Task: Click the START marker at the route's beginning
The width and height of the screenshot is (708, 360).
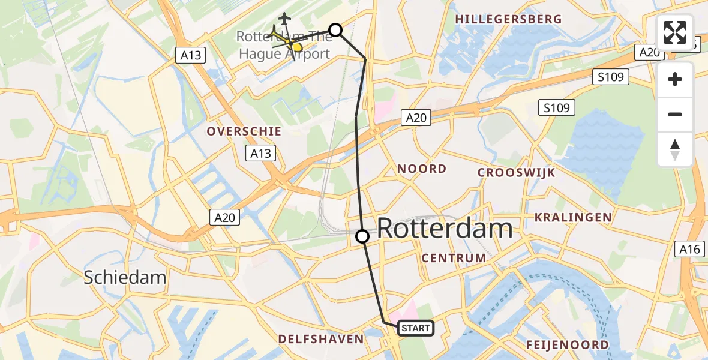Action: [415, 328]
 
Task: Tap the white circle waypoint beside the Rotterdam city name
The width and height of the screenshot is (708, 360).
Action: [362, 236]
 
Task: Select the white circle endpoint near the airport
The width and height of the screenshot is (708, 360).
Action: [335, 30]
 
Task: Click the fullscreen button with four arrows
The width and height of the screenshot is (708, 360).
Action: [675, 33]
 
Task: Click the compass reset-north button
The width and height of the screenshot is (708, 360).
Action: [675, 149]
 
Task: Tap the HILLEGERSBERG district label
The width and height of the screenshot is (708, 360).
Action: [509, 19]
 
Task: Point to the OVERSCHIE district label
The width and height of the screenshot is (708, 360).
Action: [244, 131]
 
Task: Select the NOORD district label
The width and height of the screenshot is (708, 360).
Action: [422, 169]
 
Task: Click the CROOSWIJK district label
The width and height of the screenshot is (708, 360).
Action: [516, 173]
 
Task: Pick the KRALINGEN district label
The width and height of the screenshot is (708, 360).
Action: [573, 217]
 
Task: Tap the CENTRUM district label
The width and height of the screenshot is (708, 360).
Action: [454, 258]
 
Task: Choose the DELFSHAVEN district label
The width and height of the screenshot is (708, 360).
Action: [321, 339]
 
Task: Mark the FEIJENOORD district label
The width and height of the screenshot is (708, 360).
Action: [567, 344]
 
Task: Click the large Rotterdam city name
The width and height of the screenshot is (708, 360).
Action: [445, 229]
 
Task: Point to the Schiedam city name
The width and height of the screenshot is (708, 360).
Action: [125, 277]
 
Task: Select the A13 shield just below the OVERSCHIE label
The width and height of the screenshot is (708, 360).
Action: [260, 154]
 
